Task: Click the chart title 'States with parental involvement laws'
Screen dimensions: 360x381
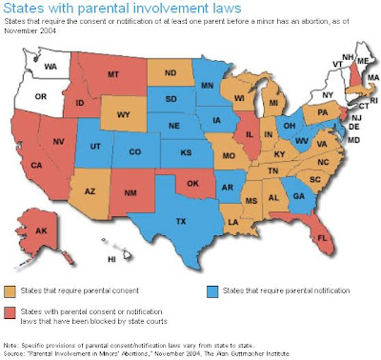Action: coord(115,10)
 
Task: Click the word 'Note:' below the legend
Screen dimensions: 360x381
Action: coord(12,343)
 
